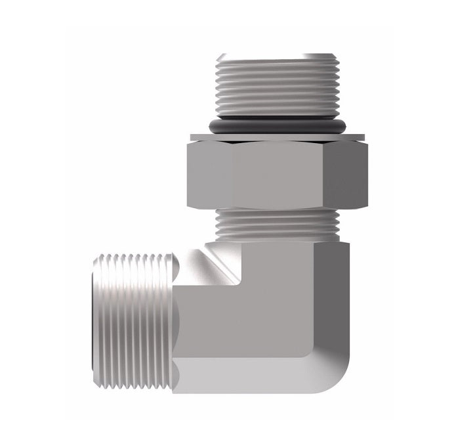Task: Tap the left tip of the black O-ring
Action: pos(209,125)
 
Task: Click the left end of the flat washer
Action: pos(192,137)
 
